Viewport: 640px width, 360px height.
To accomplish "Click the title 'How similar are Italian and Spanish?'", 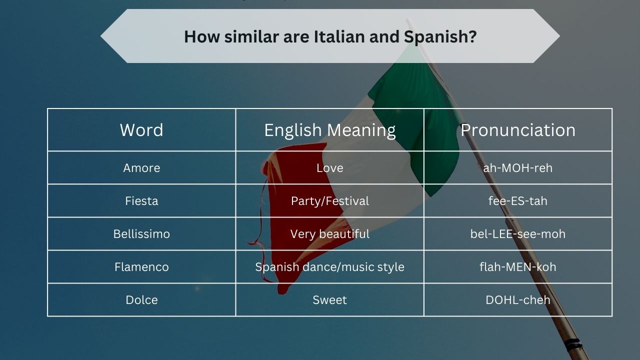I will pyautogui.click(x=330, y=36).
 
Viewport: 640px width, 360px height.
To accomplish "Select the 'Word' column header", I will pyautogui.click(x=141, y=130).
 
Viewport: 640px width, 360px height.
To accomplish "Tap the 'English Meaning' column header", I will pyautogui.click(x=330, y=130).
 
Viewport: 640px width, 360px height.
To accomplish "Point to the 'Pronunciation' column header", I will pyautogui.click(x=518, y=130).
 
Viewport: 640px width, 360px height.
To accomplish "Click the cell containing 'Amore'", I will pyautogui.click(x=141, y=168).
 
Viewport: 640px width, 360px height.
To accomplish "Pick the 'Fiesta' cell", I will pyautogui.click(x=141, y=201).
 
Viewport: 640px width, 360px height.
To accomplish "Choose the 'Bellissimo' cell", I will pyautogui.click(x=141, y=234).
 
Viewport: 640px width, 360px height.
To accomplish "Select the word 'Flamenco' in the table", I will pyautogui.click(x=141, y=267).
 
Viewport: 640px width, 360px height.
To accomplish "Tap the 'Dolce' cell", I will pyautogui.click(x=141, y=300).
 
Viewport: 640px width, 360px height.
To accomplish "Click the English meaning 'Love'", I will pyautogui.click(x=330, y=168).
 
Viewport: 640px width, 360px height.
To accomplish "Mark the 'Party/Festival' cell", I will pyautogui.click(x=330, y=201).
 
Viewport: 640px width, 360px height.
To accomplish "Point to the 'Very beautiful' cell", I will pyautogui.click(x=330, y=234).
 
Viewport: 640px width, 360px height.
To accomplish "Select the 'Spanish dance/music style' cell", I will pyautogui.click(x=330, y=267).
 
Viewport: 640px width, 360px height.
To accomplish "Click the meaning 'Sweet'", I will pyautogui.click(x=330, y=300).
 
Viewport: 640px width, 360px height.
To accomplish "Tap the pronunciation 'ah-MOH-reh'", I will pyautogui.click(x=518, y=168).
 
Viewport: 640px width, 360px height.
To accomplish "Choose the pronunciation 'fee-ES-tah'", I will pyautogui.click(x=518, y=201).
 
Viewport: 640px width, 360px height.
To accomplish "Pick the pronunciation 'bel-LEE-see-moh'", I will pyautogui.click(x=518, y=234).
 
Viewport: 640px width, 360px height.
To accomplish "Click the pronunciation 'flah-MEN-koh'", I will pyautogui.click(x=518, y=267).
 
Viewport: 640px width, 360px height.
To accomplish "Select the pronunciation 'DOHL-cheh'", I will pyautogui.click(x=518, y=300).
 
